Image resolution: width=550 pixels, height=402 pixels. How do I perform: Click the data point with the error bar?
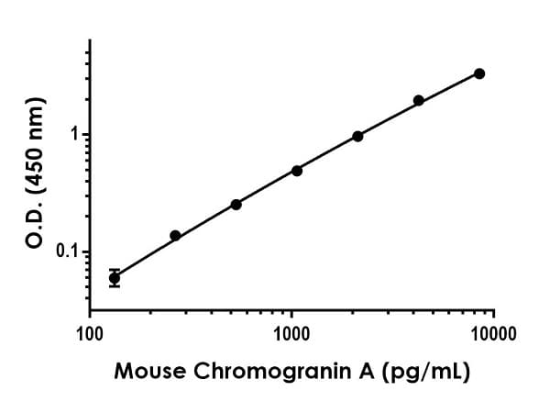click(114, 277)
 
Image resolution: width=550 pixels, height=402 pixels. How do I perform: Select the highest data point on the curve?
click(479, 73)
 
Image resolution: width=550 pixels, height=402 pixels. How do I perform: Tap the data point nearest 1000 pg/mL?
click(297, 171)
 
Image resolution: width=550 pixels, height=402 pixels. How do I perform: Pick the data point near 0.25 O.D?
click(236, 205)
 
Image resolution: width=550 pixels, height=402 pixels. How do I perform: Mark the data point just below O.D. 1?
click(357, 136)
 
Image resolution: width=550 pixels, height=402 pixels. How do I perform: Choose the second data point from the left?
click(175, 236)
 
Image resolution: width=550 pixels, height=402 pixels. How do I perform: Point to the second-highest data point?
click(419, 100)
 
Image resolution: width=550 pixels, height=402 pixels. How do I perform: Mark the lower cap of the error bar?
click(114, 286)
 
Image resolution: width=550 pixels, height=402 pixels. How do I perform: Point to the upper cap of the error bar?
click(114, 269)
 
